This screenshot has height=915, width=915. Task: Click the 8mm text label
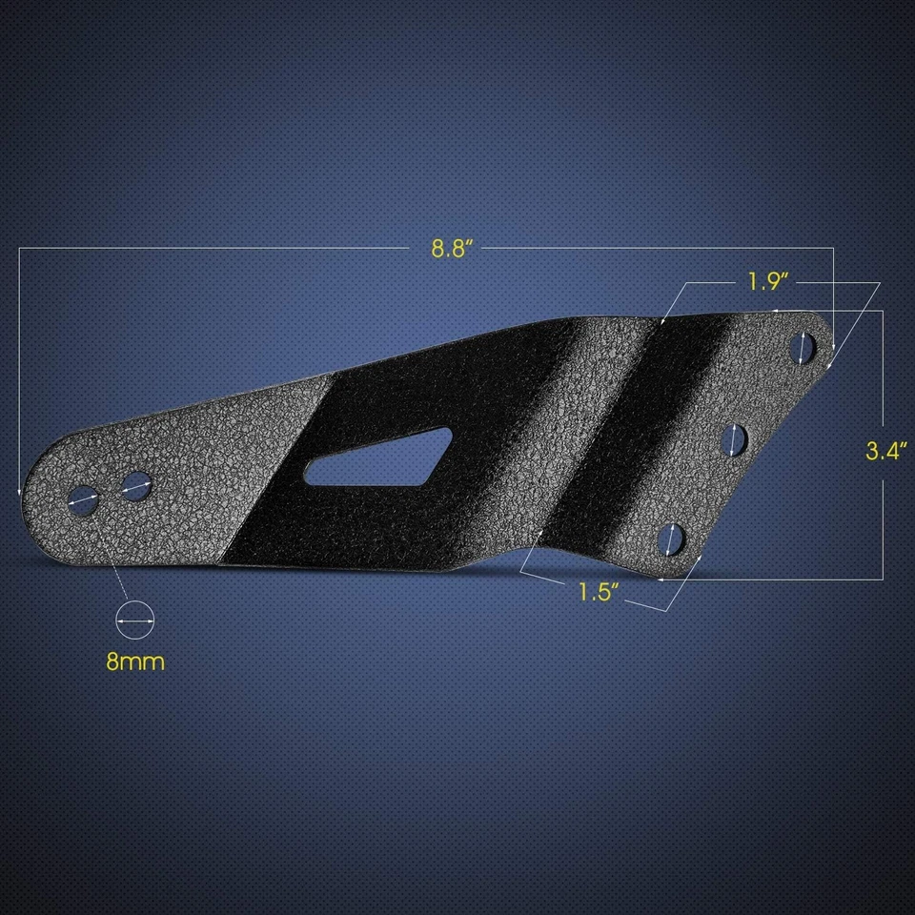click(x=135, y=661)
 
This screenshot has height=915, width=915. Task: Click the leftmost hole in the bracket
click(x=83, y=497)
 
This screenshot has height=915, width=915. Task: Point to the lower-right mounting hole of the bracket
click(x=673, y=538)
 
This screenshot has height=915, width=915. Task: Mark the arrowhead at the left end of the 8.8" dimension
click(x=20, y=489)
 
